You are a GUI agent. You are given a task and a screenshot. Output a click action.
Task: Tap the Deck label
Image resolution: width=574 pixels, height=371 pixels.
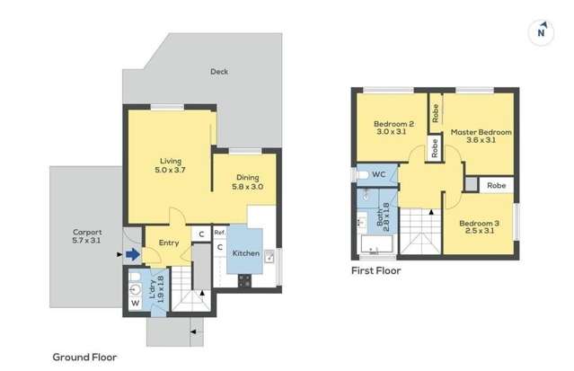218,71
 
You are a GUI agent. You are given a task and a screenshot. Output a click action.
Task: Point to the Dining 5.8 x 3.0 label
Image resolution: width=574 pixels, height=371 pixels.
249,181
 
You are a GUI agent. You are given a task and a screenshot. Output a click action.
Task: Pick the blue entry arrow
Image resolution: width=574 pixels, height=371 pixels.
132,254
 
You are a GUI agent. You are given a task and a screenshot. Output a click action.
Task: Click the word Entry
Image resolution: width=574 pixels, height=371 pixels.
169,243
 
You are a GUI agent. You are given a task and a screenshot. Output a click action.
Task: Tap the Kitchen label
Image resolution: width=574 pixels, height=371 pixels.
246,253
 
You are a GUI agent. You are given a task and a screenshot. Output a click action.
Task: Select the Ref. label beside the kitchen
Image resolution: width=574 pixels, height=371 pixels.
219,233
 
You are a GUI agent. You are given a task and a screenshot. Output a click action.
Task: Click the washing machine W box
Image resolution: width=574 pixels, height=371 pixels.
136,303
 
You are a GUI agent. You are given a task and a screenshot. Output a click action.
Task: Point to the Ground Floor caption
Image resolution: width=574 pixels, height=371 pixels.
84,357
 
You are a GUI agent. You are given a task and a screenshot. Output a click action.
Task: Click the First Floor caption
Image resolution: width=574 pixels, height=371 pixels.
376,269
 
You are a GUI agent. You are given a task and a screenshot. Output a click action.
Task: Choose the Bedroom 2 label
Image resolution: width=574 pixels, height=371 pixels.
393,128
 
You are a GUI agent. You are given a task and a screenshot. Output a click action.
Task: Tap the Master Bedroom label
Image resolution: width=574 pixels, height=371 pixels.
481,136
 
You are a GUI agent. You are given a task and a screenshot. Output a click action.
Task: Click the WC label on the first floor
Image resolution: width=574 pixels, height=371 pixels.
378,173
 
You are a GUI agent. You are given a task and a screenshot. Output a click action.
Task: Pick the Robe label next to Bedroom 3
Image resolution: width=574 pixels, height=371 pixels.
497,185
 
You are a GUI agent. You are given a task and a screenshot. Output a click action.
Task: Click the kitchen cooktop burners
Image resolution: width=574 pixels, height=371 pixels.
243,280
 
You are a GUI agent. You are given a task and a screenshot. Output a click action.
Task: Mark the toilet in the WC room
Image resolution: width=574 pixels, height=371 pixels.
359,173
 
